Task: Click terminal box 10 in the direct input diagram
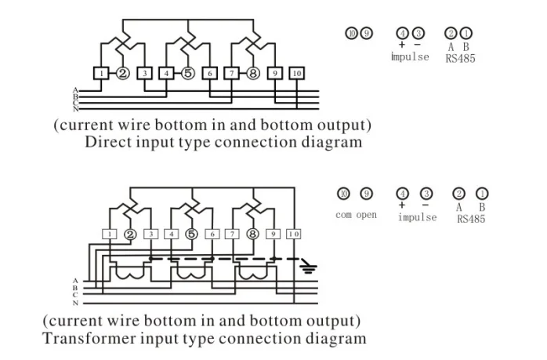pyautogui.click(x=296, y=74)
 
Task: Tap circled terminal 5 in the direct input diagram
pyautogui.click(x=187, y=74)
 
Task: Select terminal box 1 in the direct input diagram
pyautogui.click(x=103, y=74)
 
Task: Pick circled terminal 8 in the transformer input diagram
pyautogui.click(x=252, y=234)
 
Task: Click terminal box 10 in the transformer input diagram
pyautogui.click(x=294, y=234)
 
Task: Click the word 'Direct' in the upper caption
pyautogui.click(x=110, y=143)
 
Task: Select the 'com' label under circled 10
pyautogui.click(x=343, y=215)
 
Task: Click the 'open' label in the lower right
pyautogui.click(x=367, y=215)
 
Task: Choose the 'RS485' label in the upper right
pyautogui.click(x=460, y=58)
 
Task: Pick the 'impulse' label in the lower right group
pyautogui.click(x=417, y=217)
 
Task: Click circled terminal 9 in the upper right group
pyautogui.click(x=367, y=33)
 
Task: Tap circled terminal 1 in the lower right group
pyautogui.click(x=482, y=194)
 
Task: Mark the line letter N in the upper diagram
pyautogui.click(x=75, y=109)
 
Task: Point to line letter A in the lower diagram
pyautogui.click(x=75, y=280)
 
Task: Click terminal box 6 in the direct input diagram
pyautogui.click(x=209, y=74)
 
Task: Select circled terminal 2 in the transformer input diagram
pyautogui.click(x=130, y=234)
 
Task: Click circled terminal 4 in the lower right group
pyautogui.click(x=403, y=194)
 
